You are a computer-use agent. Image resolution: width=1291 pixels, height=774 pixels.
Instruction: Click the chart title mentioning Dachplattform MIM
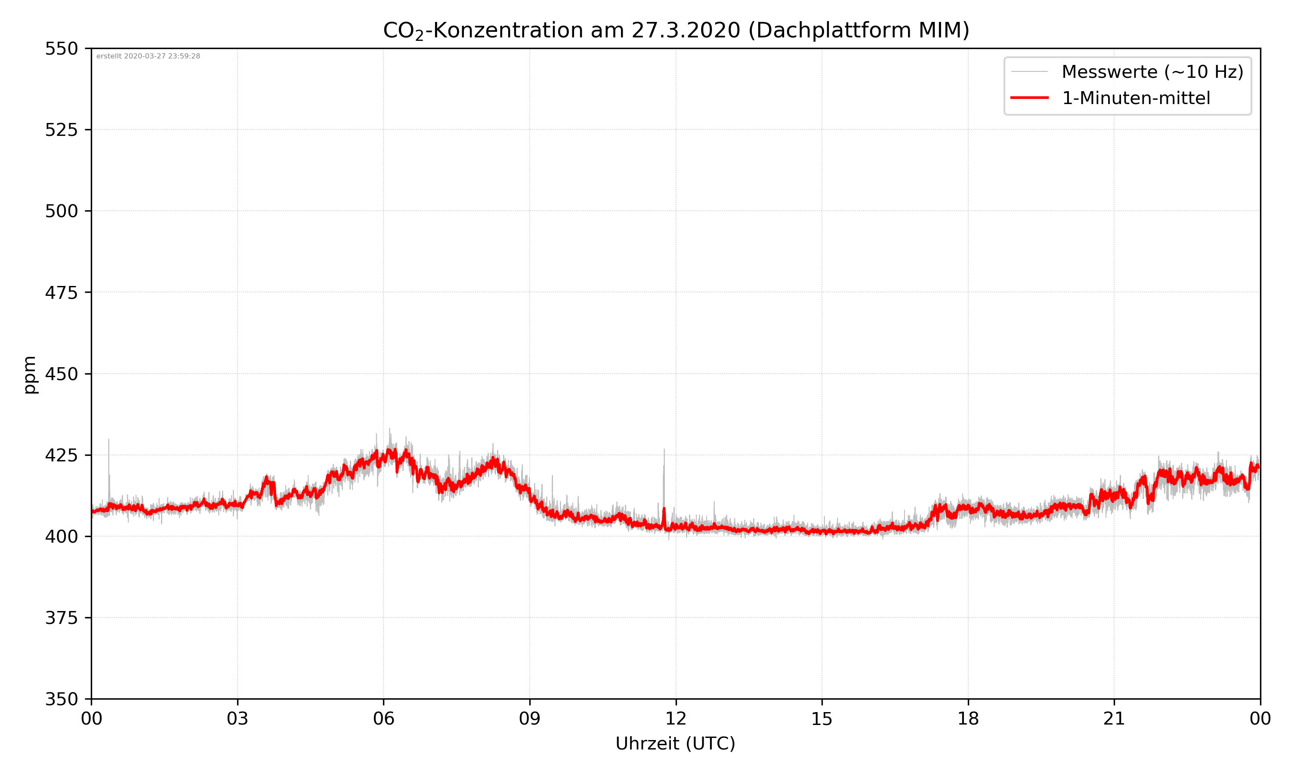676,30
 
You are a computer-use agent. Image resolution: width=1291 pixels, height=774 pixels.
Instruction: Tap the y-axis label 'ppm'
30,375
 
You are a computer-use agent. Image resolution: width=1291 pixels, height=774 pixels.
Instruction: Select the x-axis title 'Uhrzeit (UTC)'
675,743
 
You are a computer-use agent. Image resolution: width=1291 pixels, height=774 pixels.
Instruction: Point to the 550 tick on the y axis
61,49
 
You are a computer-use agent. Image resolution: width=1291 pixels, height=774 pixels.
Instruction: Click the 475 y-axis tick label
61,292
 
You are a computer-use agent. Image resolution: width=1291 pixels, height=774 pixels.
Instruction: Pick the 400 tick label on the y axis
61,537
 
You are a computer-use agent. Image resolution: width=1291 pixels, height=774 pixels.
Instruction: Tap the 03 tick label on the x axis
238,719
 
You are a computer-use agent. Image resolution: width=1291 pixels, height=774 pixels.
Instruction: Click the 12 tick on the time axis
676,719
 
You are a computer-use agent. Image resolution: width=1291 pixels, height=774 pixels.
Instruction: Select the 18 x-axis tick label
968,719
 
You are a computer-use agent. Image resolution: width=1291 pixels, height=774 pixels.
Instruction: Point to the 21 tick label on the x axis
1114,719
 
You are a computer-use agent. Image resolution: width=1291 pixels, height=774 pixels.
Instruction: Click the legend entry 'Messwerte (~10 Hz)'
1152,72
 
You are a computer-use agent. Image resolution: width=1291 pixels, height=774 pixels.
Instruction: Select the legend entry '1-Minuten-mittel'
1136,98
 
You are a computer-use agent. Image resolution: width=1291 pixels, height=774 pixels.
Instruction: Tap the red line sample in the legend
1029,98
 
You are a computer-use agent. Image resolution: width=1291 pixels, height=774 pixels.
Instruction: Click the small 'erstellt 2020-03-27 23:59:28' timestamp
148,56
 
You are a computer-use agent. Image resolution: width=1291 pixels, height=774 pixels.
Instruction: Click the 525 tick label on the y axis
61,130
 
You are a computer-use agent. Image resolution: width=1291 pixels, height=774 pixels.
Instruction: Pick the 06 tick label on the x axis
383,719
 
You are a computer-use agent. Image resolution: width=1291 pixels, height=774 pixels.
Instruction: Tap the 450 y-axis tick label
61,374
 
